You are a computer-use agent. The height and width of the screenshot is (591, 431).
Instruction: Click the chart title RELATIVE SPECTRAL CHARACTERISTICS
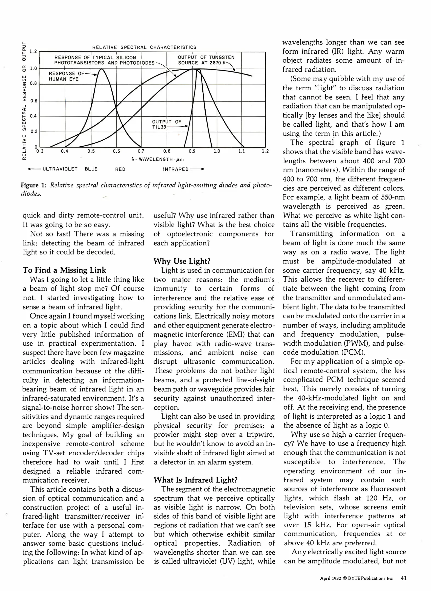pyautogui.click(x=144, y=47)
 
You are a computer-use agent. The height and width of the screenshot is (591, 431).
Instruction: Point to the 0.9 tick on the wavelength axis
pyautogui.click(x=192, y=151)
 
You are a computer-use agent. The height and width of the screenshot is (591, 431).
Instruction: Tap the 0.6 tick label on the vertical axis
pyautogui.click(x=33, y=101)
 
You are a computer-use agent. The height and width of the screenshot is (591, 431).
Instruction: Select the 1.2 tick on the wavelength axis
pyautogui.click(x=265, y=151)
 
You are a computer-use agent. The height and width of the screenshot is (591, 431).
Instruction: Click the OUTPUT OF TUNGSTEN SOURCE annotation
pyautogui.click(x=206, y=60)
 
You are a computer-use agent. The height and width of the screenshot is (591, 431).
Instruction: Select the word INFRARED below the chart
pyautogui.click(x=176, y=169)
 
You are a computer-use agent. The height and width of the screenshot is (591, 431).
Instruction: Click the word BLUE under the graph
pyautogui.click(x=91, y=169)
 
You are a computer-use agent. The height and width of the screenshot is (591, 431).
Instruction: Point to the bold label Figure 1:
pyautogui.click(x=33, y=185)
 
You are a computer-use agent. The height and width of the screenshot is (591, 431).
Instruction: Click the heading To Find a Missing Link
pyautogui.click(x=64, y=270)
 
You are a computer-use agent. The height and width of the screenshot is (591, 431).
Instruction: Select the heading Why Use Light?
pyautogui.click(x=182, y=261)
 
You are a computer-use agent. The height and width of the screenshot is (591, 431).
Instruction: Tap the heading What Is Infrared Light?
pyautogui.click(x=196, y=480)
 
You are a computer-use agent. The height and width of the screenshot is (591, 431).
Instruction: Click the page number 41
pyautogui.click(x=404, y=578)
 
